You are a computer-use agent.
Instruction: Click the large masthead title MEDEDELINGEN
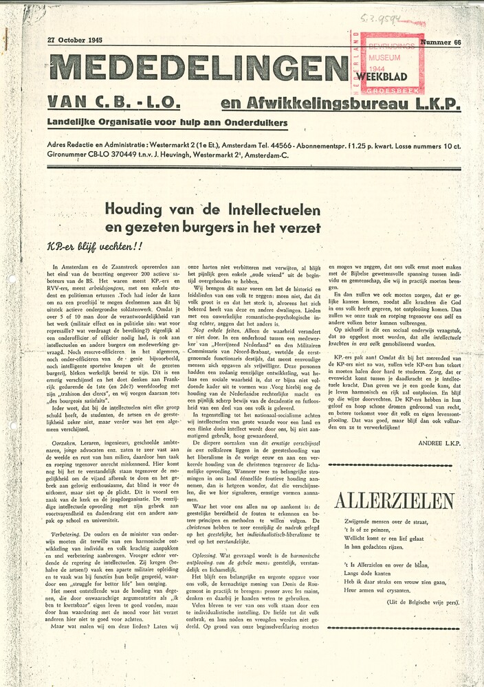click(198, 68)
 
